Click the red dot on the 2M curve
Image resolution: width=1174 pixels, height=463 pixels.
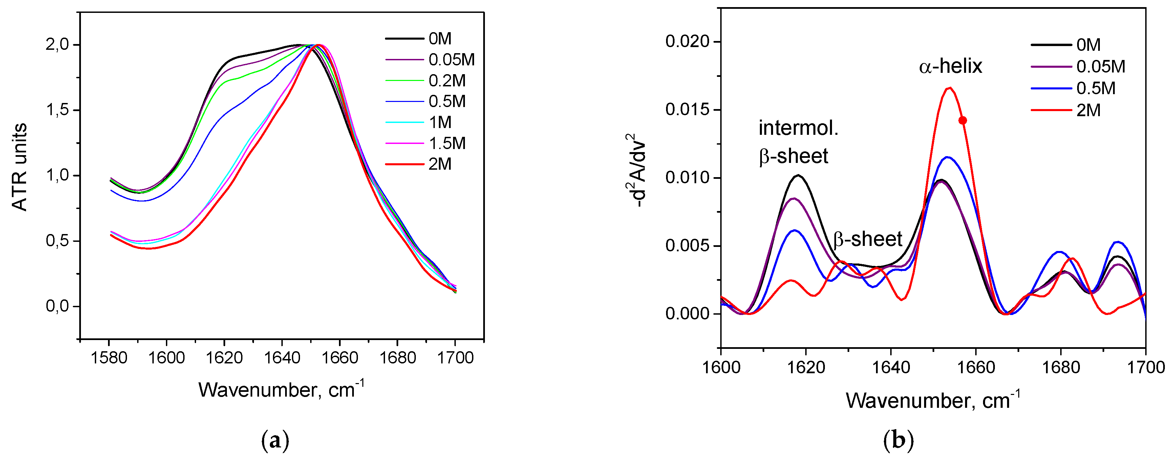point(963,120)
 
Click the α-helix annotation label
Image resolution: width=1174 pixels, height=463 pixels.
point(950,66)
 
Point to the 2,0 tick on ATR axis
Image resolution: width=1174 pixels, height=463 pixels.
point(57,45)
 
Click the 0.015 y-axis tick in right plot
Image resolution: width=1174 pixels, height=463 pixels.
point(687,109)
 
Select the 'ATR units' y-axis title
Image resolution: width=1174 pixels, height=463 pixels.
point(20,168)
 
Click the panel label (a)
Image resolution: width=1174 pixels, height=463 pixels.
point(275,441)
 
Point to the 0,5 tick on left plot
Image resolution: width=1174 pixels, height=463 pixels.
point(57,240)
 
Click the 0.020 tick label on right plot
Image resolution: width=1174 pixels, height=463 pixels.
point(687,41)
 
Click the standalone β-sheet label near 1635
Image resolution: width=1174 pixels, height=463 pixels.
point(867,239)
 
